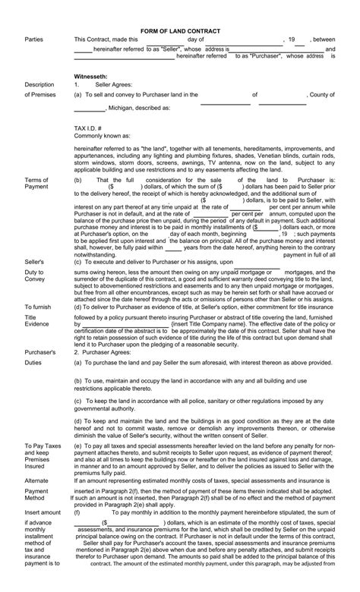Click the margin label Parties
[34, 39]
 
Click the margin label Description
[39, 84]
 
